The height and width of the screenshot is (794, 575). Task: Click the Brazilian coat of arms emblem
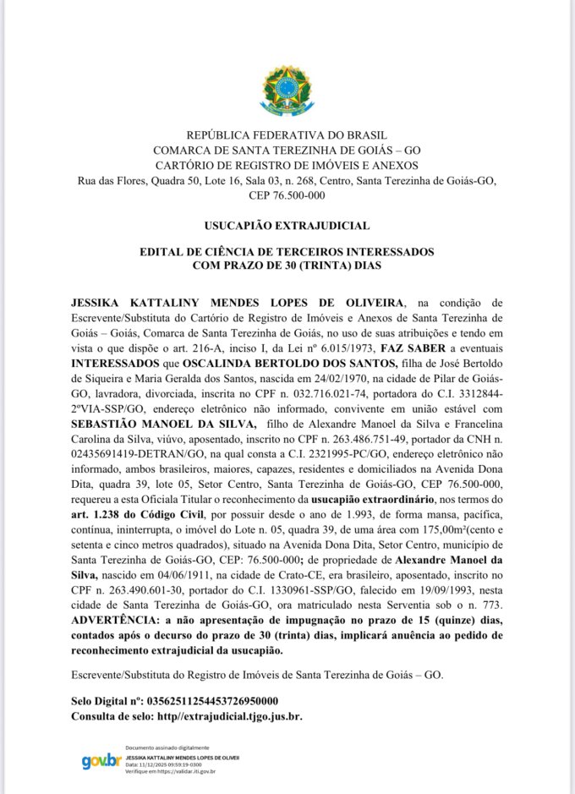tap(287, 90)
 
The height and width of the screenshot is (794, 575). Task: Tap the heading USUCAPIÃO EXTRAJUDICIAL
tap(287, 226)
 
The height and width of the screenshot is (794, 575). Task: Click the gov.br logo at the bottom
tap(101, 761)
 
